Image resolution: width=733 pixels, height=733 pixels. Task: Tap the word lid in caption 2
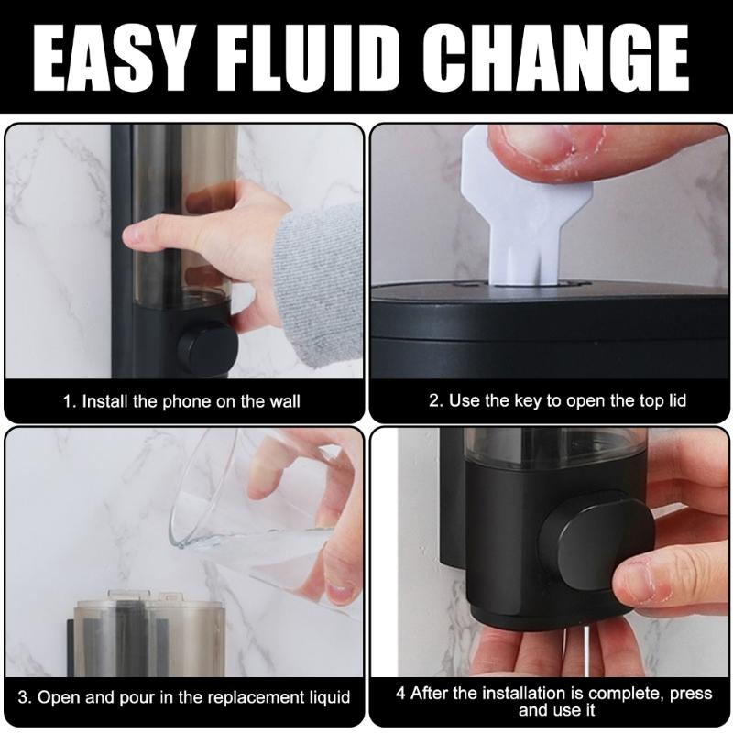(x=675, y=400)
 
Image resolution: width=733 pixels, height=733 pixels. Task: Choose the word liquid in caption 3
(x=330, y=697)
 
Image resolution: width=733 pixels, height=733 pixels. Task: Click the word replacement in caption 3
(x=257, y=697)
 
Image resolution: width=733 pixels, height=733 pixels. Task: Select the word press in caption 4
(x=691, y=695)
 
